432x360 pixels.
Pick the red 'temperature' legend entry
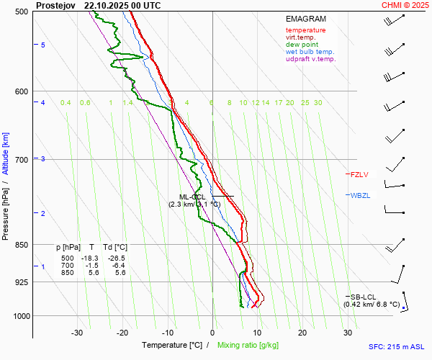[305, 30]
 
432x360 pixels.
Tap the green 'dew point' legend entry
[302, 45]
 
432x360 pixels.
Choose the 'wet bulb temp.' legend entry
[310, 52]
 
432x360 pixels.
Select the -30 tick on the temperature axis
[77, 333]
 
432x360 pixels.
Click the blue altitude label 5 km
[43, 45]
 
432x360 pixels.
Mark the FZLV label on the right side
[359, 174]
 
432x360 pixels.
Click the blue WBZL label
[360, 195]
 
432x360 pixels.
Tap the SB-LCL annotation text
[364, 297]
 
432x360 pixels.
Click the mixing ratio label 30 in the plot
[318, 103]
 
